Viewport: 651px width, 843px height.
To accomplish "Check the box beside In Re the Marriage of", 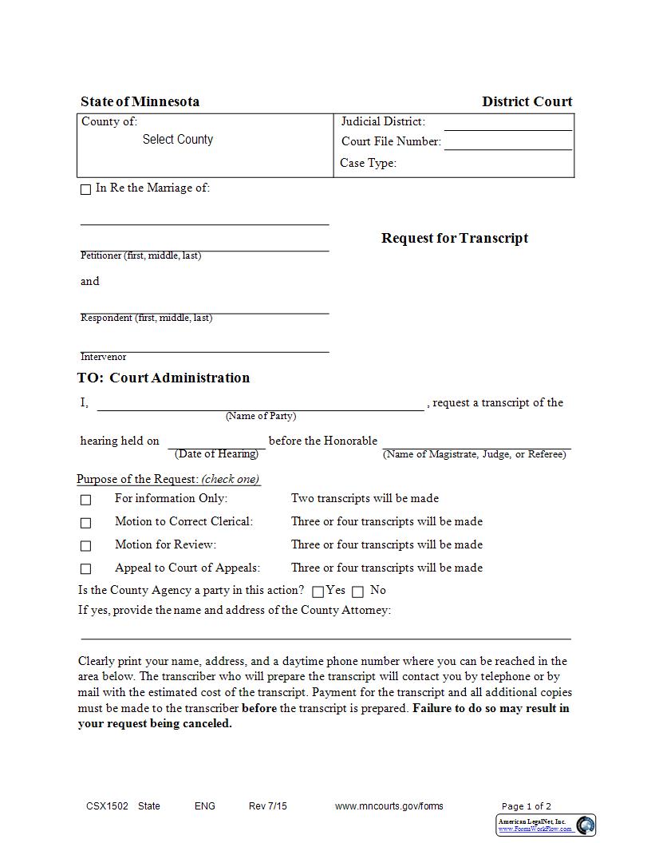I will pyautogui.click(x=85, y=190).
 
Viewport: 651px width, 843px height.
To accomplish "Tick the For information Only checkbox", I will pyautogui.click(x=85, y=500).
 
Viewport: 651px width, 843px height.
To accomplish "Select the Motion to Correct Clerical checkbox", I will pyautogui.click(x=85, y=523).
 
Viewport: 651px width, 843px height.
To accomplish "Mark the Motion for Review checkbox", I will pyautogui.click(x=85, y=546).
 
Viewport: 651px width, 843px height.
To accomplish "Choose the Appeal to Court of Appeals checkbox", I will pyautogui.click(x=85, y=569).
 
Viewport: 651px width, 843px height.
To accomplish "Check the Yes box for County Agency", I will pyautogui.click(x=318, y=592).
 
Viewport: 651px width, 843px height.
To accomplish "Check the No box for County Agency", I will pyautogui.click(x=357, y=592).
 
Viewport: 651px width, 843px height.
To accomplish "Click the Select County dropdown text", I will pyautogui.click(x=178, y=140).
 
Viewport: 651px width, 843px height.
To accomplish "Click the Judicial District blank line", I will pyautogui.click(x=507, y=124).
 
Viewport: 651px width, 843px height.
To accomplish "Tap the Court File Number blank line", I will pyautogui.click(x=507, y=144).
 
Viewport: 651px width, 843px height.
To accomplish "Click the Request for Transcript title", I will pyautogui.click(x=454, y=238).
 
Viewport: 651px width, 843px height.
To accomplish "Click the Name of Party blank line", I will pyautogui.click(x=260, y=404).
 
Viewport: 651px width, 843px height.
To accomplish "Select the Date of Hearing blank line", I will pyautogui.click(x=216, y=442).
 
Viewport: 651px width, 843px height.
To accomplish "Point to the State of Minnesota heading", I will pyautogui.click(x=140, y=101).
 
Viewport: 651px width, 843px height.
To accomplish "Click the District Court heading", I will pyautogui.click(x=527, y=101).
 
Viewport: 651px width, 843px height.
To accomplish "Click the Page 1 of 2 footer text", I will pyautogui.click(x=526, y=806).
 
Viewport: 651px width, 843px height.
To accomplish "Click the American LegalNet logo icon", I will pyautogui.click(x=586, y=825).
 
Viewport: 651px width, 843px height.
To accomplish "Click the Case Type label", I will pyautogui.click(x=368, y=163).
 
